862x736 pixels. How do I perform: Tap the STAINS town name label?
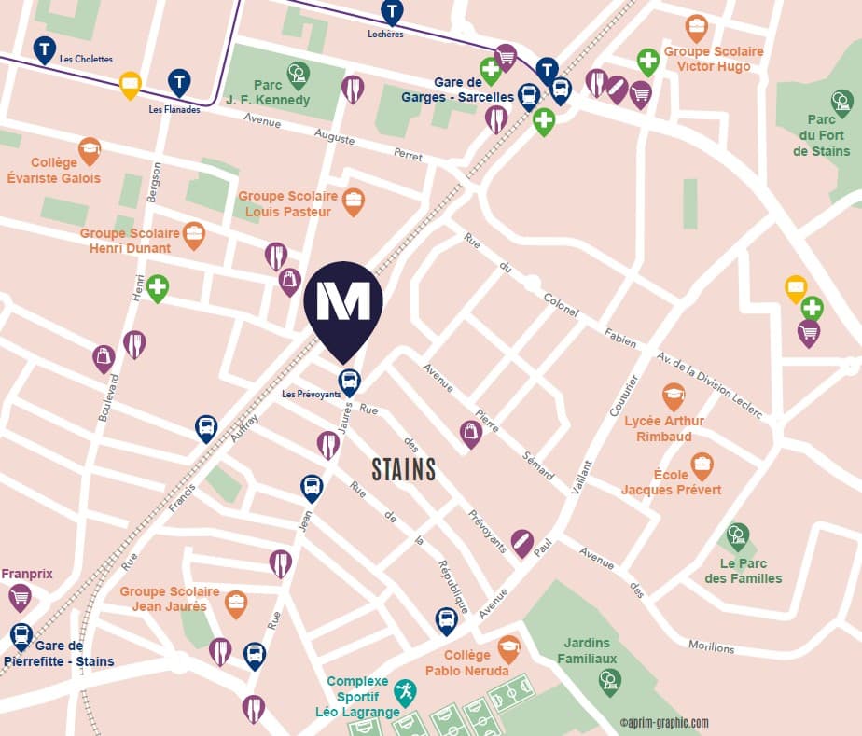(x=404, y=469)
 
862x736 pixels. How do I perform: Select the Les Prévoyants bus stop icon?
(x=349, y=381)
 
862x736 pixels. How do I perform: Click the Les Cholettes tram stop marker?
(x=44, y=49)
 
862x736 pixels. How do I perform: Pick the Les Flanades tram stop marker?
(x=179, y=82)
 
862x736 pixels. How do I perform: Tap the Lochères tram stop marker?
(x=393, y=12)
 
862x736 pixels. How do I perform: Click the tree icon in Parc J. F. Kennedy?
(x=299, y=74)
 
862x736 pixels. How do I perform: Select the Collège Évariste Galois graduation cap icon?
(x=90, y=149)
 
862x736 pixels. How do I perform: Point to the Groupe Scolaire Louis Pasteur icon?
(x=353, y=201)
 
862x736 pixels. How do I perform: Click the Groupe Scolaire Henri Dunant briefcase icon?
(x=193, y=233)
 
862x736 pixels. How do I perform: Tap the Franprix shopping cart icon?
(x=20, y=596)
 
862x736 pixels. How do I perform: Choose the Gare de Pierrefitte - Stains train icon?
(x=21, y=635)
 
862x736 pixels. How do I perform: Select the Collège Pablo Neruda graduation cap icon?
(x=508, y=647)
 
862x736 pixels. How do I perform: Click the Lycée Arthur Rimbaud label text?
(x=664, y=429)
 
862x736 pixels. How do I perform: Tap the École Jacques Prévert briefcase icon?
(x=702, y=465)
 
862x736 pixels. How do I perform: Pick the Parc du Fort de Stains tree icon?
(x=841, y=102)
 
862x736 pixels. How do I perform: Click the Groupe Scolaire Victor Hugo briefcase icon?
(x=696, y=27)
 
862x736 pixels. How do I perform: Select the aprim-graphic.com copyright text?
(x=664, y=722)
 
